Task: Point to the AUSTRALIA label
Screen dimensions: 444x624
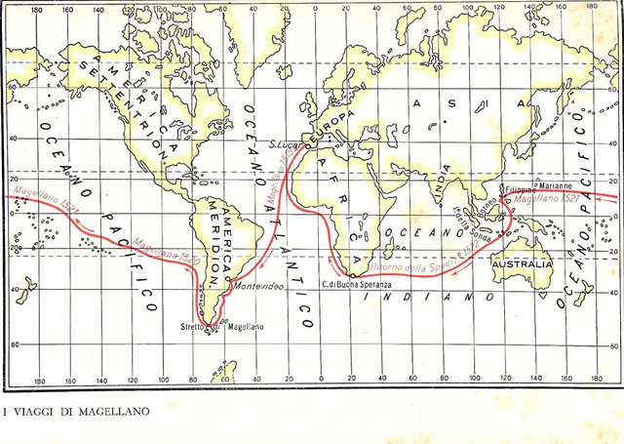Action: pos(523,264)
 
